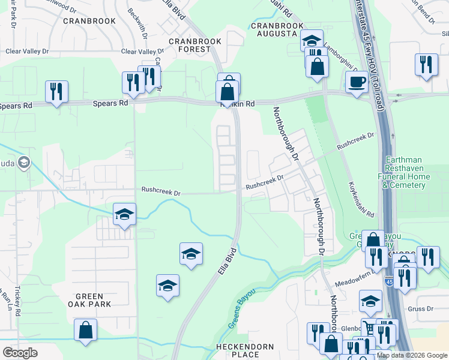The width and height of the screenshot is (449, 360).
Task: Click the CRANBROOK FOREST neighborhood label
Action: [194, 46]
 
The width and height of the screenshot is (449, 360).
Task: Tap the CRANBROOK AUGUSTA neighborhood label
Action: [274, 30]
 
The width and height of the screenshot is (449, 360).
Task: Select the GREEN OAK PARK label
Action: [90, 301]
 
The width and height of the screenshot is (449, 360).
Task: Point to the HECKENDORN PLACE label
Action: [245, 351]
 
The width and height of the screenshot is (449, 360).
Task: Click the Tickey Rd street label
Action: [18, 302]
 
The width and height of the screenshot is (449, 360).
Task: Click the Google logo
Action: [20, 353]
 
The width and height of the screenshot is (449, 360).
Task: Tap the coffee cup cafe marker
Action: [357, 82]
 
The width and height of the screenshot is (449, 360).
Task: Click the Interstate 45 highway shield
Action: [390, 281]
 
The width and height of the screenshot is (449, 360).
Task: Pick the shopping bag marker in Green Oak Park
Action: [86, 330]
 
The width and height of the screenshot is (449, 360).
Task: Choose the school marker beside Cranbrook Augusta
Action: [312, 41]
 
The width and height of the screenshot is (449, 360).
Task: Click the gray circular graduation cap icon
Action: [24, 162]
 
